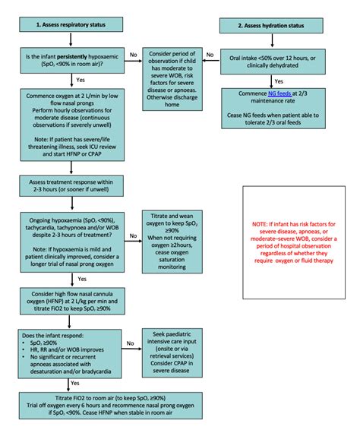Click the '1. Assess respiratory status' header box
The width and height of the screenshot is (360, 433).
[x=71, y=24]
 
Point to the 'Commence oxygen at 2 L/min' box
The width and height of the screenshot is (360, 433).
[x=71, y=120]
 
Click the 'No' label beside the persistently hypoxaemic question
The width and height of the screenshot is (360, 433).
[x=133, y=54]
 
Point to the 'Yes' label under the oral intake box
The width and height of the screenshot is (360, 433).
[x=279, y=81]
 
